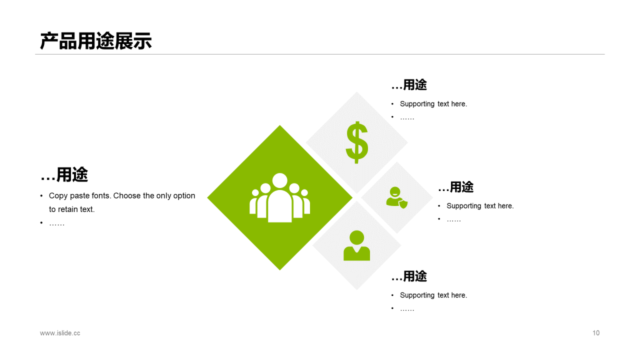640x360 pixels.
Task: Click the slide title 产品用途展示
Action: [95, 41]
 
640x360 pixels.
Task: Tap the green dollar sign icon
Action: [357, 142]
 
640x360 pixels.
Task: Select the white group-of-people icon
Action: [279, 198]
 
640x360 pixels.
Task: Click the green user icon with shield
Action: [396, 197]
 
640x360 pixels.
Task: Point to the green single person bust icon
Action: [356, 245]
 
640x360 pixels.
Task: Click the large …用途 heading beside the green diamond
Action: [64, 175]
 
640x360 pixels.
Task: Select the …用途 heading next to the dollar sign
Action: [409, 85]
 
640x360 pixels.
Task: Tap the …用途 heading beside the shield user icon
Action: [455, 187]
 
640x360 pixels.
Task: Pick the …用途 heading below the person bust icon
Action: [409, 276]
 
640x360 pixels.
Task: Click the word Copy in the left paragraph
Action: [58, 196]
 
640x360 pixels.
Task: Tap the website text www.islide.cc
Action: [60, 333]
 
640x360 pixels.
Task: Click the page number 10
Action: [595, 333]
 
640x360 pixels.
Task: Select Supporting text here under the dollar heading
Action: [433, 104]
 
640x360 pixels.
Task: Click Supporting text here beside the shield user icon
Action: [480, 206]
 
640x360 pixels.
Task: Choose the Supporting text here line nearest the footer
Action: [433, 295]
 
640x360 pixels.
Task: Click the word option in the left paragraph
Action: [183, 196]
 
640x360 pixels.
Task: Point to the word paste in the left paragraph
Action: [79, 196]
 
